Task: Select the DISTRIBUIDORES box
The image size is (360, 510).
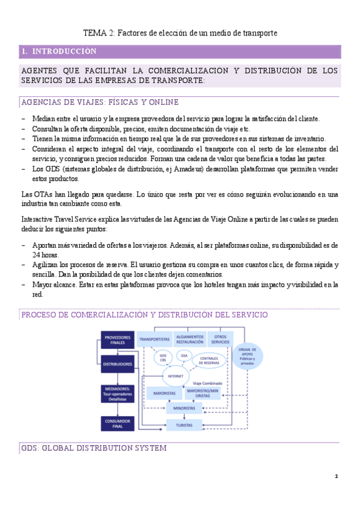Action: [x=118, y=363]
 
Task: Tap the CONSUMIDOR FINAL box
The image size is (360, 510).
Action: [x=118, y=406]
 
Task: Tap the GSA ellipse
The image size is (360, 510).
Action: [x=184, y=355]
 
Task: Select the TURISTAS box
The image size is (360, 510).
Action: [x=183, y=409]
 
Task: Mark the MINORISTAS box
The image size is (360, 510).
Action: [x=183, y=392]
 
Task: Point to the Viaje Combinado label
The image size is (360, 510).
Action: [x=207, y=382]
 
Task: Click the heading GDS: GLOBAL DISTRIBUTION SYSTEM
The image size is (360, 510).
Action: [x=93, y=448]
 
